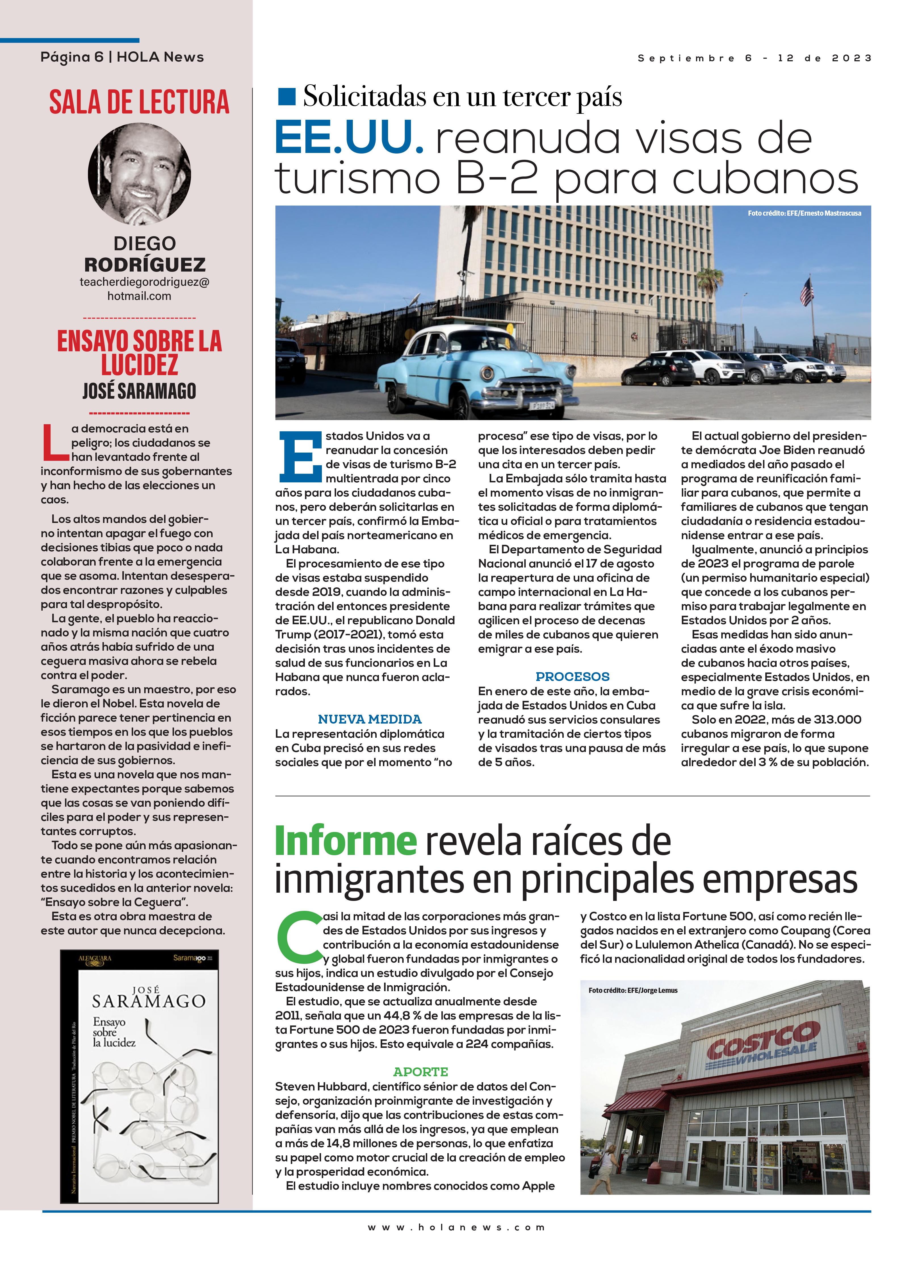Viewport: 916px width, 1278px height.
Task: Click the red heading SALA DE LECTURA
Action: [139, 102]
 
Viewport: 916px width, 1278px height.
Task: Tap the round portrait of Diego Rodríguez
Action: [139, 174]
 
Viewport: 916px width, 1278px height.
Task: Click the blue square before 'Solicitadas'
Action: [287, 97]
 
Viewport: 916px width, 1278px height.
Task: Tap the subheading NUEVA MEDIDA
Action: [370, 719]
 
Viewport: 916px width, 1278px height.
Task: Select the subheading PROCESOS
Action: [572, 676]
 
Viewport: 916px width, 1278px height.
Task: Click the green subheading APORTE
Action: [420, 1072]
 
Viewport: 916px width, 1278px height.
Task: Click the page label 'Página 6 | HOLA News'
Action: [122, 57]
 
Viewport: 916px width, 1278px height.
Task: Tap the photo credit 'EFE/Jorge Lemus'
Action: [632, 990]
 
